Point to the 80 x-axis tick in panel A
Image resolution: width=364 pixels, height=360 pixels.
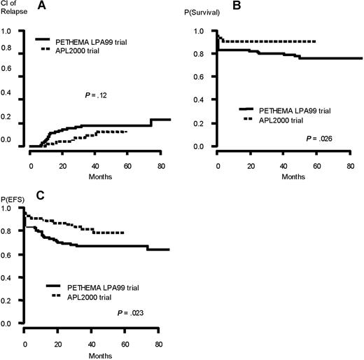click(160, 167)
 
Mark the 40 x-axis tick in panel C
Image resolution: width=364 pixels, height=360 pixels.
click(94, 344)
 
